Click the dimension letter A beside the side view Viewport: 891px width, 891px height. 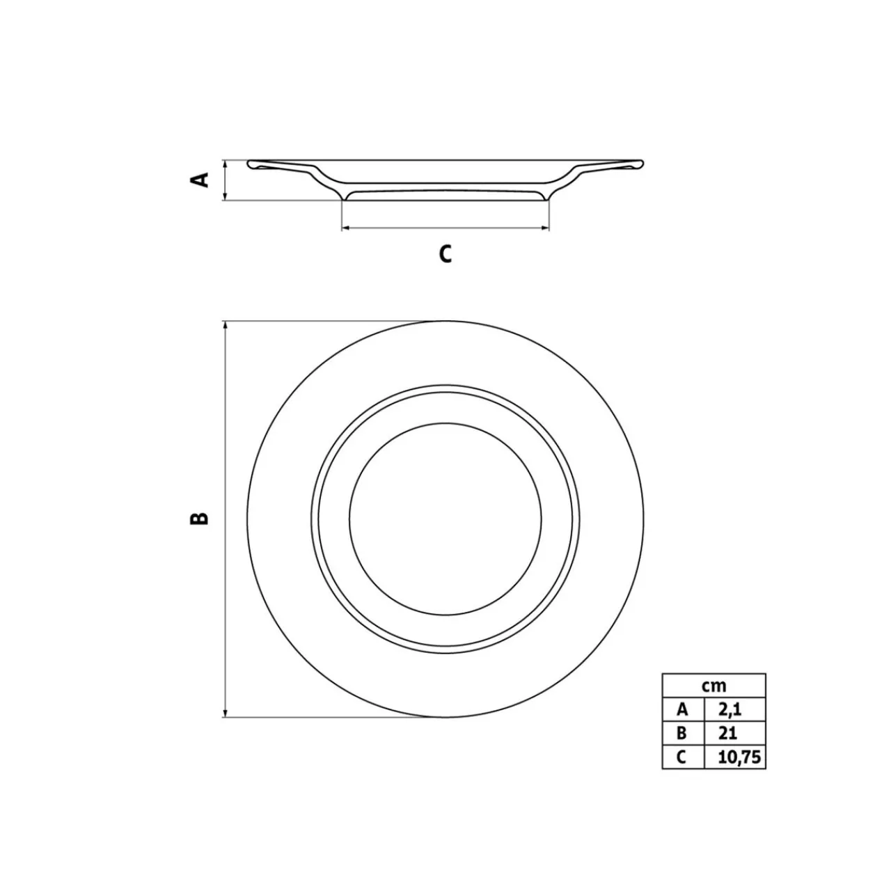click(x=200, y=180)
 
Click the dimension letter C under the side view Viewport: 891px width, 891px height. click(x=445, y=253)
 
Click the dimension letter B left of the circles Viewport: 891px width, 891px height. click(x=200, y=518)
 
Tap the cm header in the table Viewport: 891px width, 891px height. click(x=713, y=686)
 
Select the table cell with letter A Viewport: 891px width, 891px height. click(x=683, y=709)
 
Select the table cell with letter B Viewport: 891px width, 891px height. click(x=683, y=733)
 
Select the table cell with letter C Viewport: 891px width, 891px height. click(x=683, y=757)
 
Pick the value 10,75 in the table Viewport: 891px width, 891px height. click(x=735, y=757)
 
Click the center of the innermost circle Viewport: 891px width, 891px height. click(x=445, y=519)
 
